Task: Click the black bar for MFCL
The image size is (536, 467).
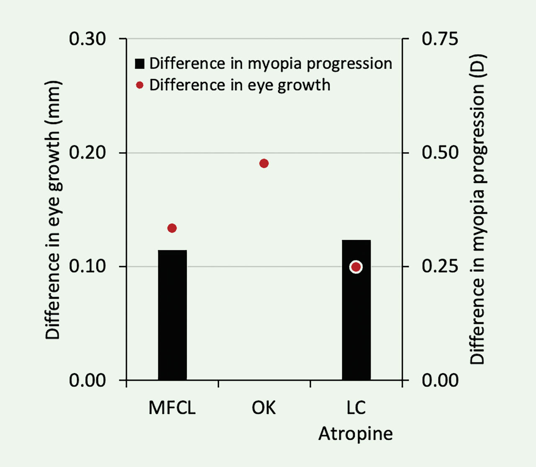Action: [172, 315]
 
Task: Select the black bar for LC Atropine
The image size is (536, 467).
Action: [356, 319]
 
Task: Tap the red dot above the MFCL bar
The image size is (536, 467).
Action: [172, 228]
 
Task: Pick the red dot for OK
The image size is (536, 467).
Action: [264, 163]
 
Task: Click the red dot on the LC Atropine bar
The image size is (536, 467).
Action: [356, 267]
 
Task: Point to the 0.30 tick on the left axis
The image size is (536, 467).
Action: [87, 39]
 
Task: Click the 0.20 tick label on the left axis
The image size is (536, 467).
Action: [87, 153]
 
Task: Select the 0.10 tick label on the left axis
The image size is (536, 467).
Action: [87, 266]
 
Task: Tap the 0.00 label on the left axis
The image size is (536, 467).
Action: [87, 380]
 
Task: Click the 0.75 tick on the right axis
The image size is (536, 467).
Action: [440, 39]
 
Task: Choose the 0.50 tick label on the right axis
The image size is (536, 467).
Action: [440, 153]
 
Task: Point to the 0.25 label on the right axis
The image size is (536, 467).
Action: [440, 266]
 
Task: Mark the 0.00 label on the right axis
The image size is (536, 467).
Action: [440, 380]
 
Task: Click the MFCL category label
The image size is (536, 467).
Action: [172, 408]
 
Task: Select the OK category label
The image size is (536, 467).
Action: [264, 408]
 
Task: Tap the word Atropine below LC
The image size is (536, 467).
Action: [356, 433]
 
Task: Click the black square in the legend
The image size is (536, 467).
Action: [139, 64]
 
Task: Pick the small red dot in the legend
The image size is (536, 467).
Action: [140, 85]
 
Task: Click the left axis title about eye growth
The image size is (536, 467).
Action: [53, 210]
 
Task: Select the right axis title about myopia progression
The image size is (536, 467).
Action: [477, 210]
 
